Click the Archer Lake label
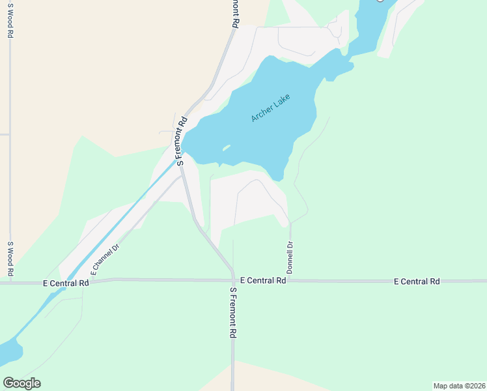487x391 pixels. tap(270, 108)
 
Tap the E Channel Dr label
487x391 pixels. tap(106, 259)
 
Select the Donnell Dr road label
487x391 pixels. tap(290, 257)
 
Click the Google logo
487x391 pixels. tap(21, 383)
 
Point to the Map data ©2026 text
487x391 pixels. tap(459, 386)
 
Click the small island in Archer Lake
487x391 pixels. tap(225, 149)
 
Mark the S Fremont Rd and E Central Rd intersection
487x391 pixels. tap(232, 280)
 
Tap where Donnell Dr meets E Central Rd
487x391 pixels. tap(290, 280)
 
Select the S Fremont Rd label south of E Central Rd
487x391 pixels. tap(232, 312)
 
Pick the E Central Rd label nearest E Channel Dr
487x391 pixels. tap(65, 283)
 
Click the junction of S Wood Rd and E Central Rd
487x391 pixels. tap(10, 283)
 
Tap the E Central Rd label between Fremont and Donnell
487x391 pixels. tap(263, 280)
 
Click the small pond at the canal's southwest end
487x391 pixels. tap(9, 352)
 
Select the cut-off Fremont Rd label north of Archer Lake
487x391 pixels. tap(236, 13)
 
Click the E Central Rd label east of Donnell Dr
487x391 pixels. tap(417, 281)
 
